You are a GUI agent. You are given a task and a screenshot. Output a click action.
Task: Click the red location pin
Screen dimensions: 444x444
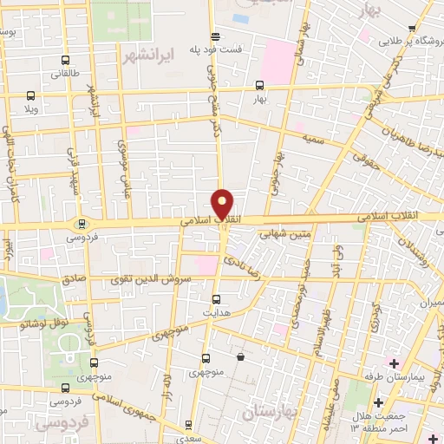coord(223,204)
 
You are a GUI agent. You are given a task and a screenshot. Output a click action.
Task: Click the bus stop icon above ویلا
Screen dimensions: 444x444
coord(31,96)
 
